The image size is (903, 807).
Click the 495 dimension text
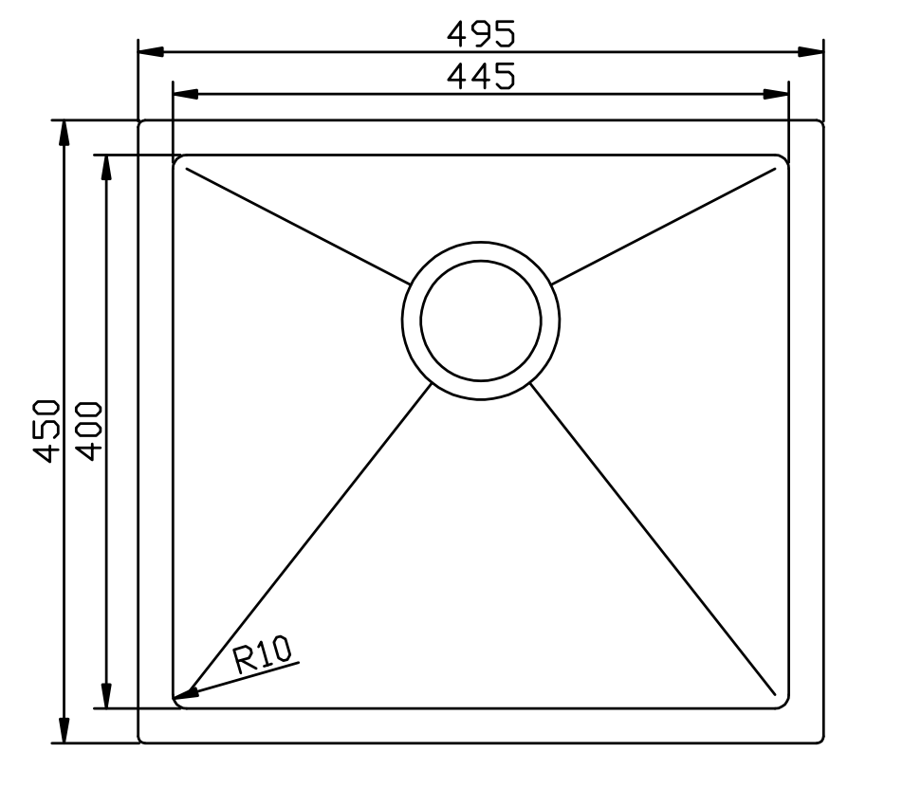(x=481, y=34)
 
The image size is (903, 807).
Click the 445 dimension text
(x=481, y=76)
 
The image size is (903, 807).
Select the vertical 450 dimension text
(x=47, y=431)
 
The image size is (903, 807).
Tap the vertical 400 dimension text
(x=89, y=431)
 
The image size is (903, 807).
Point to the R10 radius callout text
(x=265, y=655)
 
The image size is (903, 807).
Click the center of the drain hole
(x=481, y=319)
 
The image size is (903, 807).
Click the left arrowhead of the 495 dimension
(x=151, y=51)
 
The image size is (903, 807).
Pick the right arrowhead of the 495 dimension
(x=810, y=51)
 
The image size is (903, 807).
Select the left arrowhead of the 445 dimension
(x=185, y=94)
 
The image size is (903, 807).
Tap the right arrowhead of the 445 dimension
(x=776, y=94)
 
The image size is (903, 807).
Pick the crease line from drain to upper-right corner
(x=664, y=226)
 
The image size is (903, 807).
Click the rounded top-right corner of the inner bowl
(x=784, y=159)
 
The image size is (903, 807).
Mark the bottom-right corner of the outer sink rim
(x=820, y=741)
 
